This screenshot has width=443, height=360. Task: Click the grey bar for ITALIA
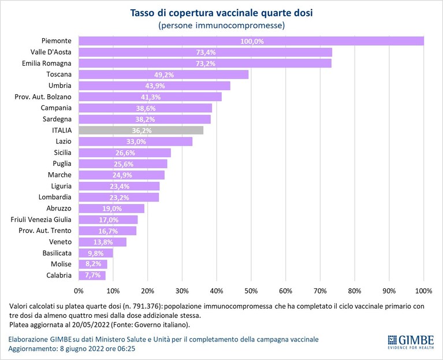[x=141, y=130]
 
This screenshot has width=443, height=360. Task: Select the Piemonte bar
[x=251, y=41]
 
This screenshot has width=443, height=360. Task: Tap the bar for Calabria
[x=92, y=276]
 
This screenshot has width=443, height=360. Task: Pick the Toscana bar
[x=163, y=75]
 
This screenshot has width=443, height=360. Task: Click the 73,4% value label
[x=206, y=52]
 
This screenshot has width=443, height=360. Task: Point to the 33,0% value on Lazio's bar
[x=136, y=142]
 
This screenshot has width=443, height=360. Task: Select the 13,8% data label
[x=103, y=242]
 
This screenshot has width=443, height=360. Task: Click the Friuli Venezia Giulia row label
[x=41, y=220]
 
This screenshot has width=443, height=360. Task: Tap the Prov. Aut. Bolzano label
[x=43, y=97]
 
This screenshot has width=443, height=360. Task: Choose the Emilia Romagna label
[x=47, y=64]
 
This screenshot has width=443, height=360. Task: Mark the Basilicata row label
[x=57, y=253]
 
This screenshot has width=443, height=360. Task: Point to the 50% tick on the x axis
[x=251, y=291]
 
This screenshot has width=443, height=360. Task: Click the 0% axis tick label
[x=79, y=291]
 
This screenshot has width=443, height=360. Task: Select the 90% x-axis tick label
[x=389, y=291]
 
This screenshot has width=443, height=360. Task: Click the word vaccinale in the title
[x=237, y=13]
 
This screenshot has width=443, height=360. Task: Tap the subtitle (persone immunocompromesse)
[x=222, y=25]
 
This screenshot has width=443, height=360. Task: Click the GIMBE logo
[x=411, y=342]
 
